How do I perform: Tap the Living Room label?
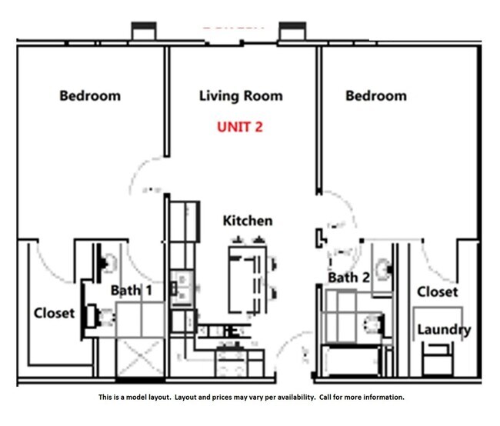241,96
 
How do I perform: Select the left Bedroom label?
90,96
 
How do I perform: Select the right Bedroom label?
375,96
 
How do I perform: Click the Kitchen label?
247,221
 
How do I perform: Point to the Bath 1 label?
131,290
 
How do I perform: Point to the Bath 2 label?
348,278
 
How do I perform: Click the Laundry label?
443,330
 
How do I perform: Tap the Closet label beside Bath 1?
54,313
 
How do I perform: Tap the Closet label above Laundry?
437,291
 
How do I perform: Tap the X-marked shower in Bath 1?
139,358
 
